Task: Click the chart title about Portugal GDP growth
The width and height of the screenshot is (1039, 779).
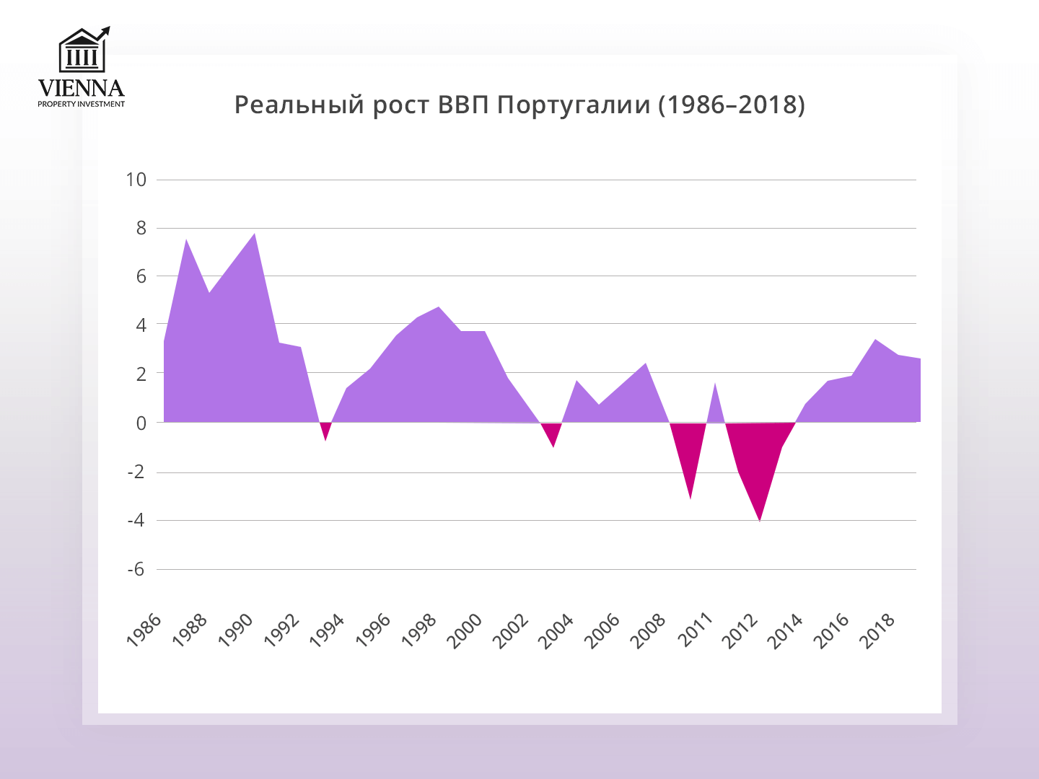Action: click(519, 105)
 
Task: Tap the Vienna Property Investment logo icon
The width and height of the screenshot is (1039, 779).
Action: click(82, 50)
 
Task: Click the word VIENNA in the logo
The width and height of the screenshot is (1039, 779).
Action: click(81, 88)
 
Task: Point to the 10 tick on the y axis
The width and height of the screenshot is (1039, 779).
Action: click(136, 180)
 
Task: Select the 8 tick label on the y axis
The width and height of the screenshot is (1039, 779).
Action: click(141, 228)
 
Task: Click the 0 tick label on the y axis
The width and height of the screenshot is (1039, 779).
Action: click(141, 423)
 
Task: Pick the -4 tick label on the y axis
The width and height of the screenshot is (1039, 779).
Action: click(136, 520)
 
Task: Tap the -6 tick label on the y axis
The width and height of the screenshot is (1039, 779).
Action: click(136, 569)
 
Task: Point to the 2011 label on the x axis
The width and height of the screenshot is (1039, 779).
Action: click(695, 629)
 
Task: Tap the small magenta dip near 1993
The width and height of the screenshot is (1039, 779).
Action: click(325, 433)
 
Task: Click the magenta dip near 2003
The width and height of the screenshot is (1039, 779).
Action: click(553, 439)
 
